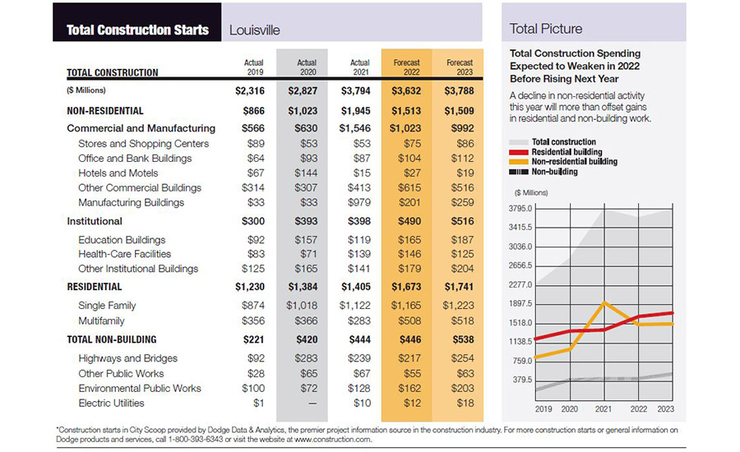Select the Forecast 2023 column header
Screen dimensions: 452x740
click(x=460, y=67)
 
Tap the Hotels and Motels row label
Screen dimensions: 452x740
click(x=118, y=173)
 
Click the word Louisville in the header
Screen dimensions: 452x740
click(x=255, y=30)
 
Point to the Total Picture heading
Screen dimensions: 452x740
click(x=546, y=29)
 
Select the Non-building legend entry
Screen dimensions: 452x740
click(x=554, y=172)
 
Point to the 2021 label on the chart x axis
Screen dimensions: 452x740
click(x=604, y=408)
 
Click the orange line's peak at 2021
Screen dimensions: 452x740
click(x=604, y=303)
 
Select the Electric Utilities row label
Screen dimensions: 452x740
click(x=111, y=404)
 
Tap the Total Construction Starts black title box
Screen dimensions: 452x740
click(x=137, y=30)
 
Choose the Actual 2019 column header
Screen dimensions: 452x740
click(x=254, y=67)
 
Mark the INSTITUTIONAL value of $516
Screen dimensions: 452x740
click(x=460, y=221)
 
